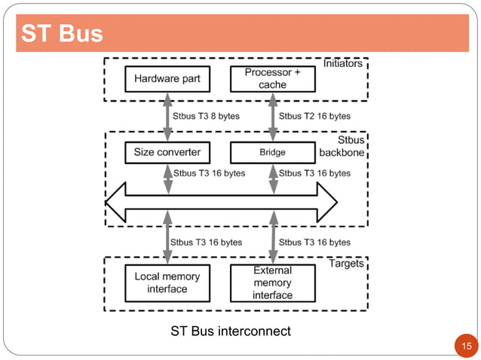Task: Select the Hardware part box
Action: click(x=167, y=78)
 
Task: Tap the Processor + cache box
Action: click(x=272, y=78)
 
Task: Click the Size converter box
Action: click(x=167, y=152)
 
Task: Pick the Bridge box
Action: click(x=272, y=152)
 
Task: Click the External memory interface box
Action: click(x=272, y=282)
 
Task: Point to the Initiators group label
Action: click(x=342, y=64)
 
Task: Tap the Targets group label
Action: click(x=346, y=264)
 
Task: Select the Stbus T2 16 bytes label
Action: click(x=314, y=117)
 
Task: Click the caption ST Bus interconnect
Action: click(x=230, y=331)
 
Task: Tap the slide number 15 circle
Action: click(x=465, y=346)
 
